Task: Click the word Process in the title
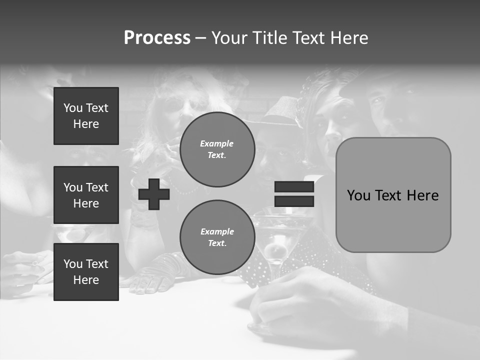pyautogui.click(x=157, y=38)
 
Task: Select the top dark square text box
pyautogui.click(x=86, y=116)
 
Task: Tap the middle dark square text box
pyautogui.click(x=86, y=195)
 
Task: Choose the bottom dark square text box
pyautogui.click(x=86, y=271)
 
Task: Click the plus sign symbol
pyautogui.click(x=154, y=194)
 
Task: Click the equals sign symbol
pyautogui.click(x=294, y=194)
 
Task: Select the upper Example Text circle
pyautogui.click(x=217, y=149)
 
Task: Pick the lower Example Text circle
pyautogui.click(x=217, y=237)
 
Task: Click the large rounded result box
pyautogui.click(x=393, y=195)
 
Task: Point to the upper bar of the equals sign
pyautogui.click(x=294, y=187)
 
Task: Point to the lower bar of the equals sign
pyautogui.click(x=294, y=201)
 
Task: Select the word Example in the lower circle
pyautogui.click(x=217, y=231)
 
